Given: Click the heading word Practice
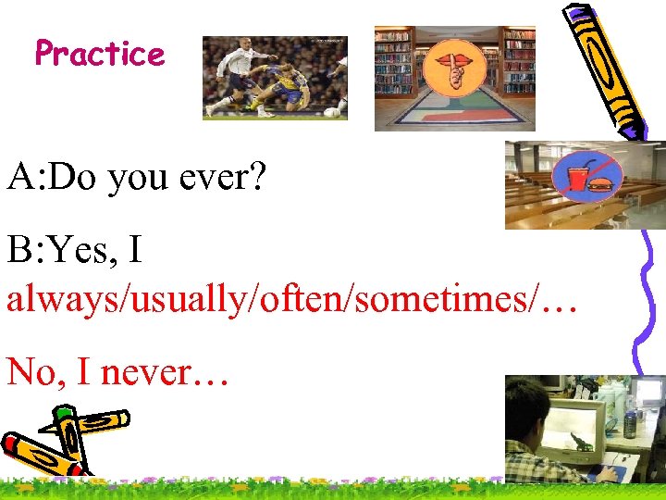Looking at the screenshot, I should click(100, 54).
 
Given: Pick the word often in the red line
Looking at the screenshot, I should click(304, 301).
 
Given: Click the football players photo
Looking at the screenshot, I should click(275, 78).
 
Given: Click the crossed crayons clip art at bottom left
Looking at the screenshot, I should click(60, 443).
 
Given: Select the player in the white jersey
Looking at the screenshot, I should click(237, 74).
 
